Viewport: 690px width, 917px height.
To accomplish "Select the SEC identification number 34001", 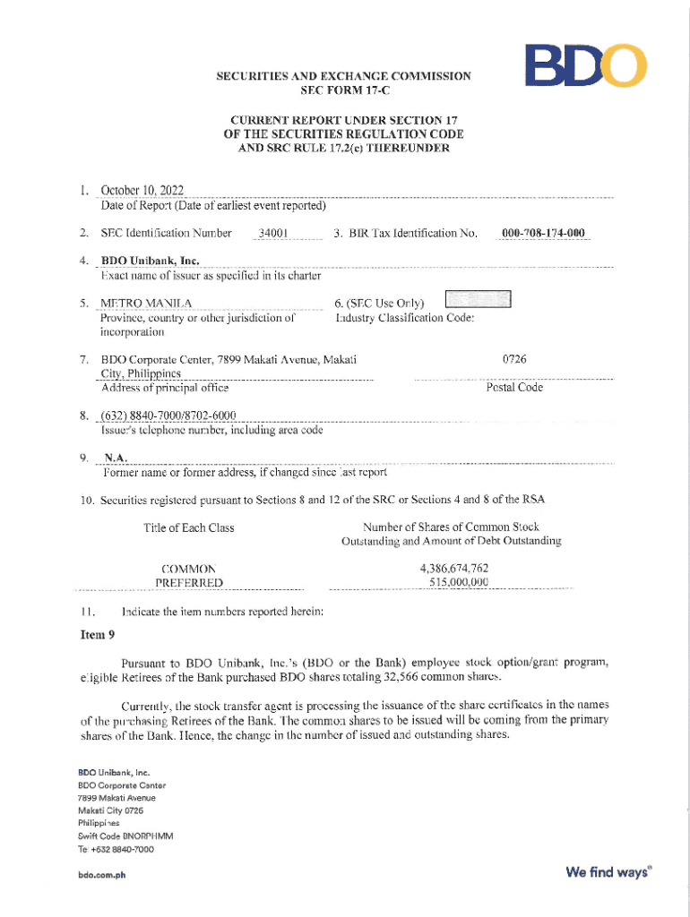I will click(272, 234).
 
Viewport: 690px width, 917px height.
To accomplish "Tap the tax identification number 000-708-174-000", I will click(543, 234).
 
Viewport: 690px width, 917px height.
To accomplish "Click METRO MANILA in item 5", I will click(146, 303).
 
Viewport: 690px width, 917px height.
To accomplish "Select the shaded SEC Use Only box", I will click(478, 300).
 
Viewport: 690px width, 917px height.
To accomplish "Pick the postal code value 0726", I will click(513, 359).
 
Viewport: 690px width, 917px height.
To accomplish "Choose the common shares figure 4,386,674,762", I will click(453, 569).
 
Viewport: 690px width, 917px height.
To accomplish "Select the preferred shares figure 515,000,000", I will click(458, 582).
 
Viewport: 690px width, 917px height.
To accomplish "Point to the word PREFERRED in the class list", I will click(188, 583).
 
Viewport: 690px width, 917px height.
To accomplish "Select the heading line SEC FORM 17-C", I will click(343, 90).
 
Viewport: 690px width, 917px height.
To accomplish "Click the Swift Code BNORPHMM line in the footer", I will click(125, 836).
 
